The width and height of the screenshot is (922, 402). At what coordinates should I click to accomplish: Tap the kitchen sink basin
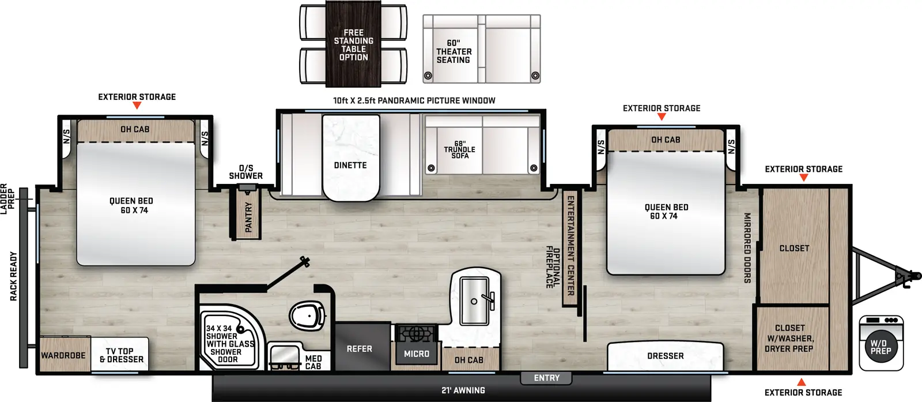coord(474,300)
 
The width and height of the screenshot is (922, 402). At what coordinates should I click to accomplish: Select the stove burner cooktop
coord(416,334)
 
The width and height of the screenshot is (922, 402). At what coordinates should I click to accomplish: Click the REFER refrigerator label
coord(359,349)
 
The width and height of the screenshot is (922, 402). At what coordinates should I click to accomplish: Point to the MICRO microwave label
coord(416,354)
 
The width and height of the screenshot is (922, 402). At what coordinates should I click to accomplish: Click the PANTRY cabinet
coord(247,216)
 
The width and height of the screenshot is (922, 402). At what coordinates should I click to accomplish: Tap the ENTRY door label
coord(546,378)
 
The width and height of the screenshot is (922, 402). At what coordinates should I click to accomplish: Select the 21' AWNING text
coord(463,390)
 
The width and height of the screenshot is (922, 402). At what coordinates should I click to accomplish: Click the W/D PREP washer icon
coord(881,343)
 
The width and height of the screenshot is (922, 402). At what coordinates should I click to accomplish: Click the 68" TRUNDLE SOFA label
coord(459,149)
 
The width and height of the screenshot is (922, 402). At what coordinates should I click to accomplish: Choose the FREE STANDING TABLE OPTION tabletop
coord(353,45)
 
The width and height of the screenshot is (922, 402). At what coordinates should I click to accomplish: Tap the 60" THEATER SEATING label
coord(454,51)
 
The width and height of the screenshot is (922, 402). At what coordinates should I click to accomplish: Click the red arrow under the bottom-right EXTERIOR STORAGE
coord(801,382)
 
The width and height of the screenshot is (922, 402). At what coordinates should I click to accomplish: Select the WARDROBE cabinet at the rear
coord(63,355)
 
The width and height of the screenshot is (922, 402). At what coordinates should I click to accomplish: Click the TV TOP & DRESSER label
coord(121,355)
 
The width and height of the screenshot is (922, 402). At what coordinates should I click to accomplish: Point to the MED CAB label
coord(313,362)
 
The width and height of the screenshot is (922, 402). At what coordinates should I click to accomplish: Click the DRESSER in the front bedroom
coord(665,356)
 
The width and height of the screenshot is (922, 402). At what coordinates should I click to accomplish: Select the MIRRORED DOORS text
coord(747,247)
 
